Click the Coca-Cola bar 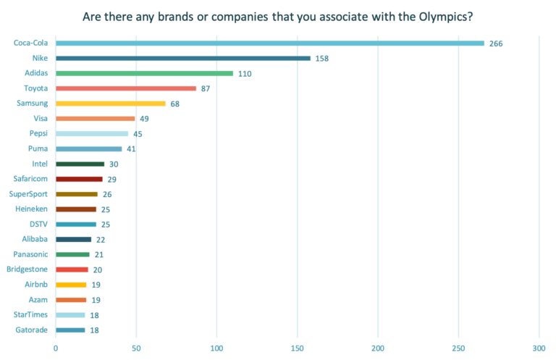pos(270,43)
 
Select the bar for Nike pos(183,58)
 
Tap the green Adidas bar pos(145,73)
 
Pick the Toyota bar pos(126,88)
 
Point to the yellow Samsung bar pos(111,104)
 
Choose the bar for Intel pos(80,164)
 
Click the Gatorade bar pos(70,330)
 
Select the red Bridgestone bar pos(72,269)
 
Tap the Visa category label pos(41,118)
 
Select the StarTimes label pos(30,314)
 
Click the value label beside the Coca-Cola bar pos(496,43)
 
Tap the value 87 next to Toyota pos(205,88)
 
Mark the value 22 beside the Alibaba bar pos(100,239)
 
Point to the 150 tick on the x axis pos(297,348)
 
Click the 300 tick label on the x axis pos(538,348)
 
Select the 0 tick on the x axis pos(56,348)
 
